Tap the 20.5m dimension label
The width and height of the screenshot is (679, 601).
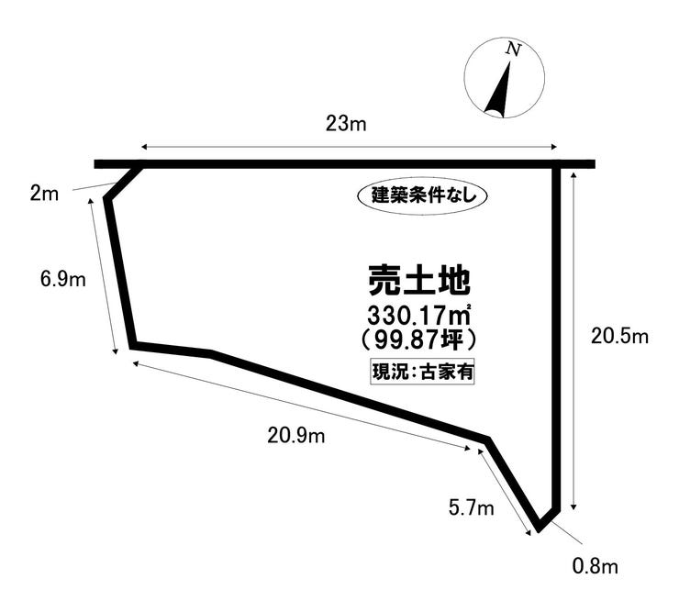[619, 337]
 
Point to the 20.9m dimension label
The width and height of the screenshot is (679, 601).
[296, 435]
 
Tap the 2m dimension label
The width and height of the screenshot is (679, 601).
[43, 194]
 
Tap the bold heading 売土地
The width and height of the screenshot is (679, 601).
[419, 278]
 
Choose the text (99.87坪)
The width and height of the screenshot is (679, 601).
[419, 340]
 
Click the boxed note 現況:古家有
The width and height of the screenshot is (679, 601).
[421, 372]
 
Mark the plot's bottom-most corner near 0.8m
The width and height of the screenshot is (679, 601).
[539, 529]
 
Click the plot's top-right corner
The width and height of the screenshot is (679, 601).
[555, 165]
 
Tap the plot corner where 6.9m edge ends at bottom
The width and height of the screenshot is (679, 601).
[134, 345]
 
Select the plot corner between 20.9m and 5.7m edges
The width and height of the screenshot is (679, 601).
[487, 440]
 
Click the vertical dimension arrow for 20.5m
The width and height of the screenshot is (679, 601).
[574, 339]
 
